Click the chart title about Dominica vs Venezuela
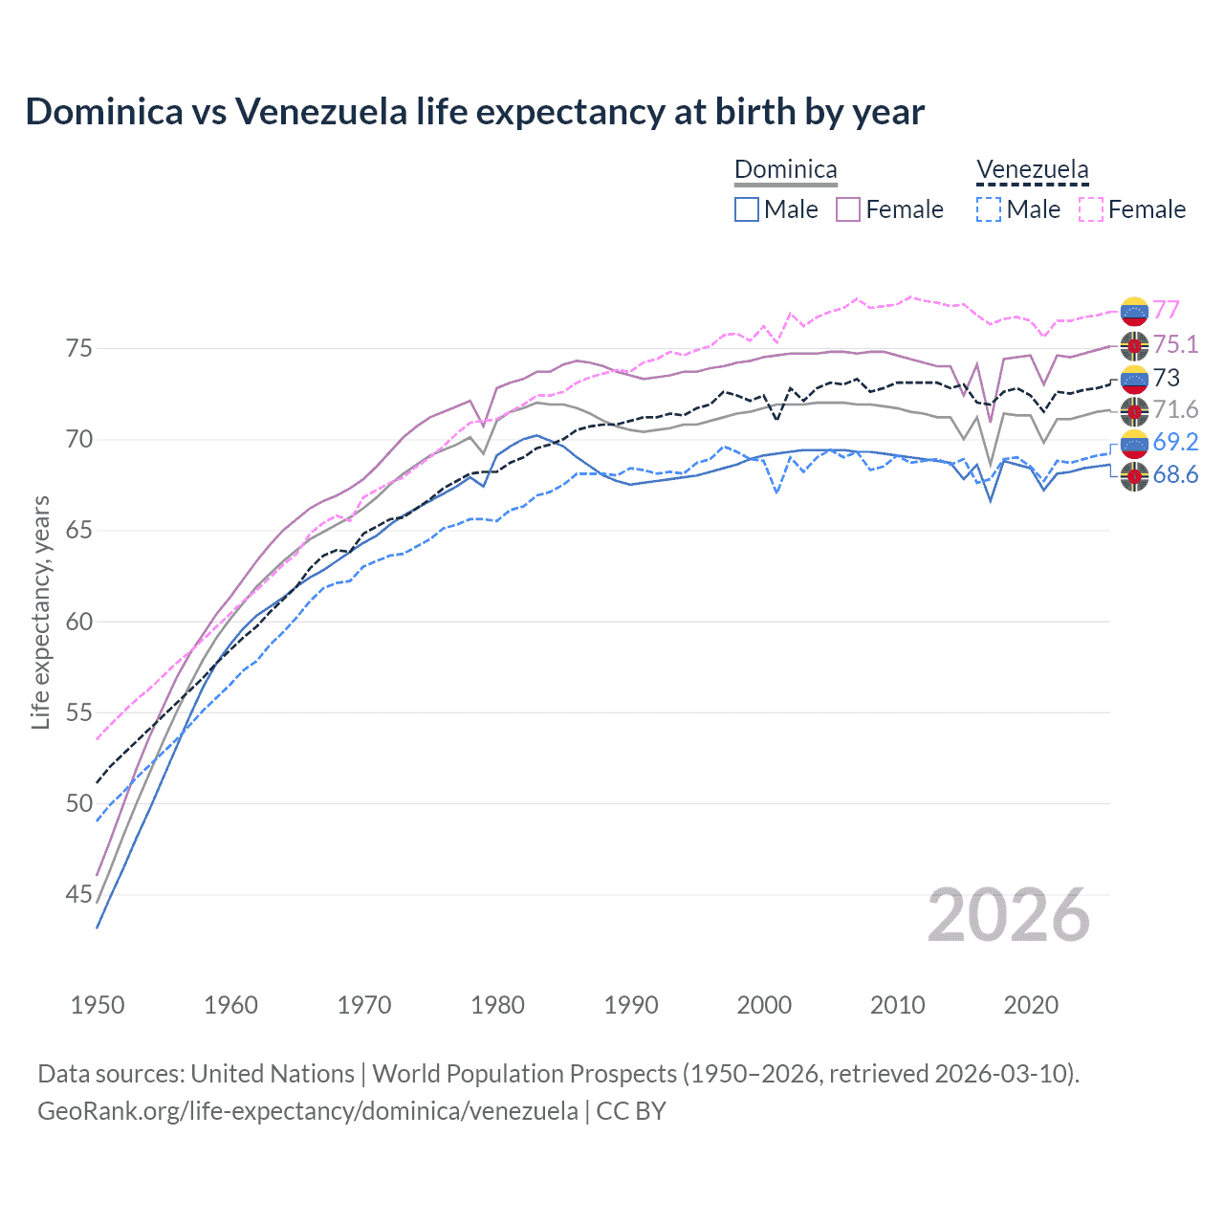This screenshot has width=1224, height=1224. pos(474,112)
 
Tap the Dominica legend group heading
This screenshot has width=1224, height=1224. pos(785,170)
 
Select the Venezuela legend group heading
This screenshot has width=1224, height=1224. pos(1032,170)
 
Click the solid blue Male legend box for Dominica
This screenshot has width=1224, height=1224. pos(747,209)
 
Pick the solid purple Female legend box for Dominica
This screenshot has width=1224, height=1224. pos(848,209)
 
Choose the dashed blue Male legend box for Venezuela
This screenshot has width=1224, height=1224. pos(989,209)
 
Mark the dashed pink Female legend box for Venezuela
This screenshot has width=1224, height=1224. pos(1091,209)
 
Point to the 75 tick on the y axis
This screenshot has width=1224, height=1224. pos(78,348)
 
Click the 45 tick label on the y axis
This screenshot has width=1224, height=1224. pos(78,895)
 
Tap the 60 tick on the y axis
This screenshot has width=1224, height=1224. pos(78,622)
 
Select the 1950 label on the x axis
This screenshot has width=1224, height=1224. pos(98,1005)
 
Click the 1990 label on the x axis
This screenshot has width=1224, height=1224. pos(631,1005)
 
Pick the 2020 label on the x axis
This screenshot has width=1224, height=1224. pos(1031,1005)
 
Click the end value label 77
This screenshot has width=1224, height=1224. pos(1166,310)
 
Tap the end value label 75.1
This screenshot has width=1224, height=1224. pos(1175,344)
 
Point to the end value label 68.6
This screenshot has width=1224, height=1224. pos(1175,475)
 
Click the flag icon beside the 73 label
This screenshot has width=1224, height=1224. pos(1134,379)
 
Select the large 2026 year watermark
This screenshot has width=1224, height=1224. pos(1008,915)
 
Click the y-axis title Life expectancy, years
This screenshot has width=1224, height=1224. pos(40,612)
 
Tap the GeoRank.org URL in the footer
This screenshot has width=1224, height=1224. pos(307,1111)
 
